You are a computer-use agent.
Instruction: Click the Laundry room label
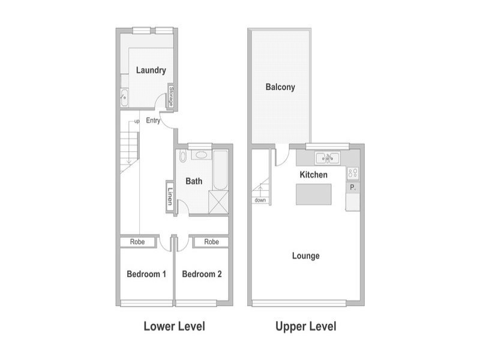click(151, 70)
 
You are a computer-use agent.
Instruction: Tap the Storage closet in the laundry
click(172, 96)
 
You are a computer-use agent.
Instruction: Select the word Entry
click(153, 121)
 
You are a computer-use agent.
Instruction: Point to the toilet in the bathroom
click(183, 156)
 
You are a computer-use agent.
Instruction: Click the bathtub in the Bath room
click(220, 170)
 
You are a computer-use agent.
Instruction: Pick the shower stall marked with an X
click(218, 202)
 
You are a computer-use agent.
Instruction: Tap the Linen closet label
click(170, 196)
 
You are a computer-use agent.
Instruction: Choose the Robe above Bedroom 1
click(137, 242)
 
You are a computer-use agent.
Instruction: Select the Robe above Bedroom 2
click(212, 242)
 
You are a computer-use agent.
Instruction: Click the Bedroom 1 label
click(146, 274)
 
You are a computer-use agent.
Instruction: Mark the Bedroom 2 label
click(202, 274)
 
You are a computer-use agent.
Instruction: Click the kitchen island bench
click(313, 194)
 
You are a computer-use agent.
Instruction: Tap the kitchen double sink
click(328, 158)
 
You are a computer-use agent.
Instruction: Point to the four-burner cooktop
click(353, 173)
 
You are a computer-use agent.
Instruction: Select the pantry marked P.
click(353, 187)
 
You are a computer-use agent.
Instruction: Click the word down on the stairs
click(260, 200)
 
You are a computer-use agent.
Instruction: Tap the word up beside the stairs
click(137, 121)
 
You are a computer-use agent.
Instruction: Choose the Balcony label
click(280, 87)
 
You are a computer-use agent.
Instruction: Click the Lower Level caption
click(175, 326)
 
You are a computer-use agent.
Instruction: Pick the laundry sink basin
click(124, 97)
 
